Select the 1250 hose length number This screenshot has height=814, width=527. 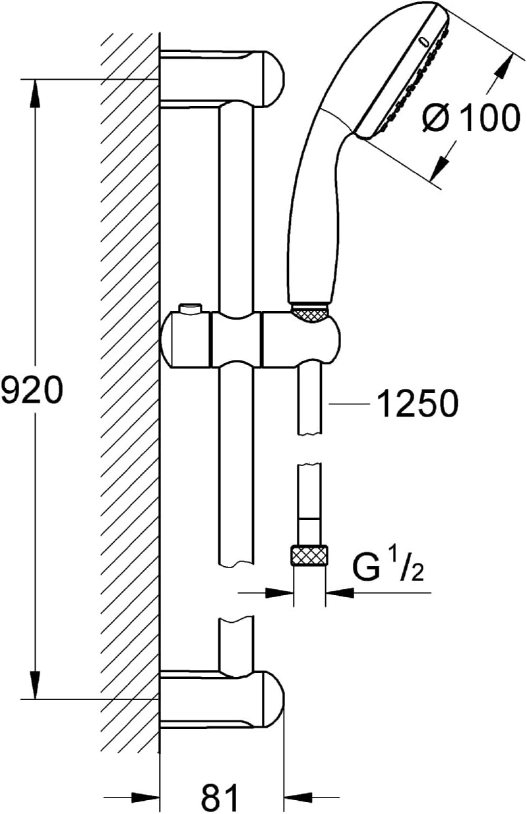418,403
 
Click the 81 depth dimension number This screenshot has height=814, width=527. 220,796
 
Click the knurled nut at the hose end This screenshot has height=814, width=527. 309,556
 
